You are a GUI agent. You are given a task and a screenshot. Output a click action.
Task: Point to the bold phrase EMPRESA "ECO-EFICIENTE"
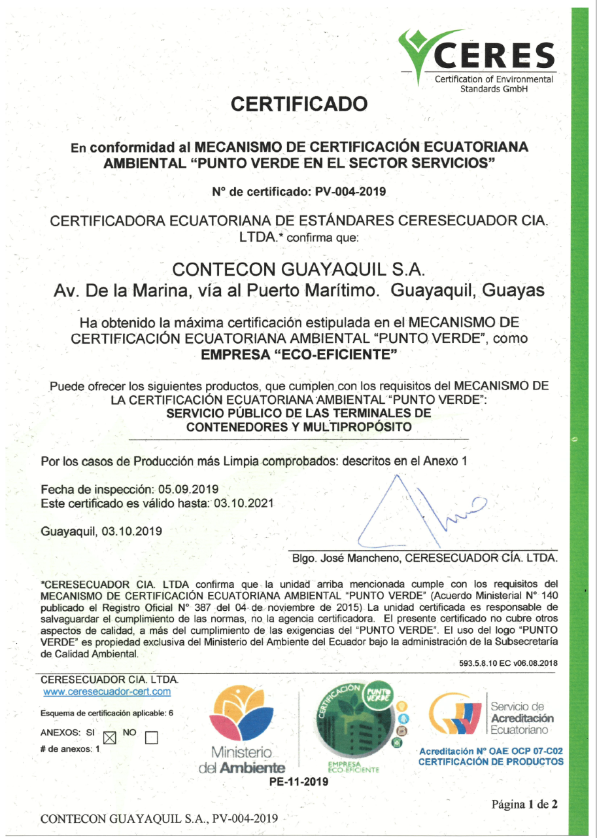[299, 357]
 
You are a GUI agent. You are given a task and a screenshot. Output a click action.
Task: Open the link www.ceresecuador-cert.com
[107, 691]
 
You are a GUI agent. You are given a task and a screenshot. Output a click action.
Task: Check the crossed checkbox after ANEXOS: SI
[109, 738]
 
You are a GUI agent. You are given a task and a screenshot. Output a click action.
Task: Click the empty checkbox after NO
[152, 738]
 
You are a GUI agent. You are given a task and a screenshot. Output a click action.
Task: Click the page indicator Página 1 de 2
[524, 805]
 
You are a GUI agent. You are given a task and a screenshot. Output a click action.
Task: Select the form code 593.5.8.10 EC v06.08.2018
[509, 663]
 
